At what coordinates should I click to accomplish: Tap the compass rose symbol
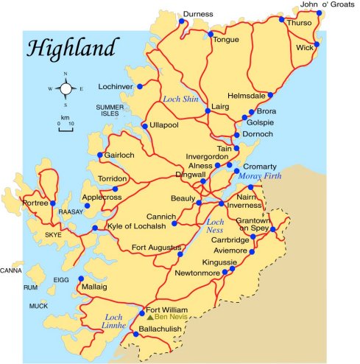66,88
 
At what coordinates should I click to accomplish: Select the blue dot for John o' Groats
319,13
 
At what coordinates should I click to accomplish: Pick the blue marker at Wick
317,44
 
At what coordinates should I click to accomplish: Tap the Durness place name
198,14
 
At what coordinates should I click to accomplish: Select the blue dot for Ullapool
145,125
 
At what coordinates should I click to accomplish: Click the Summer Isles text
112,111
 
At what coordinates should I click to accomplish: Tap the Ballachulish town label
160,328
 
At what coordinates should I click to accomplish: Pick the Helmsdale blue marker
271,95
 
